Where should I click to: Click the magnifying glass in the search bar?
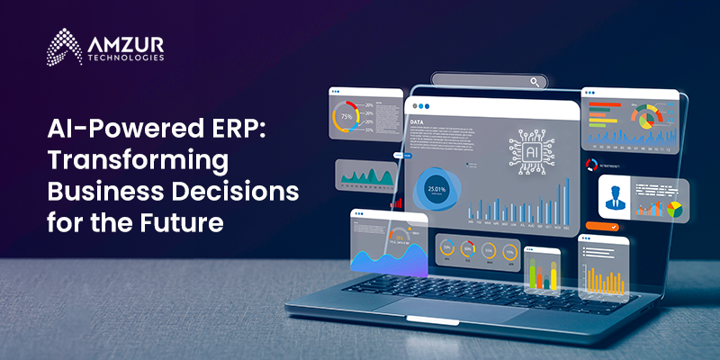point(536,82)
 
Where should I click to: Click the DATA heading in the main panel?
point(418,121)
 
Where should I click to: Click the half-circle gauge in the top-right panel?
point(643,114)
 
